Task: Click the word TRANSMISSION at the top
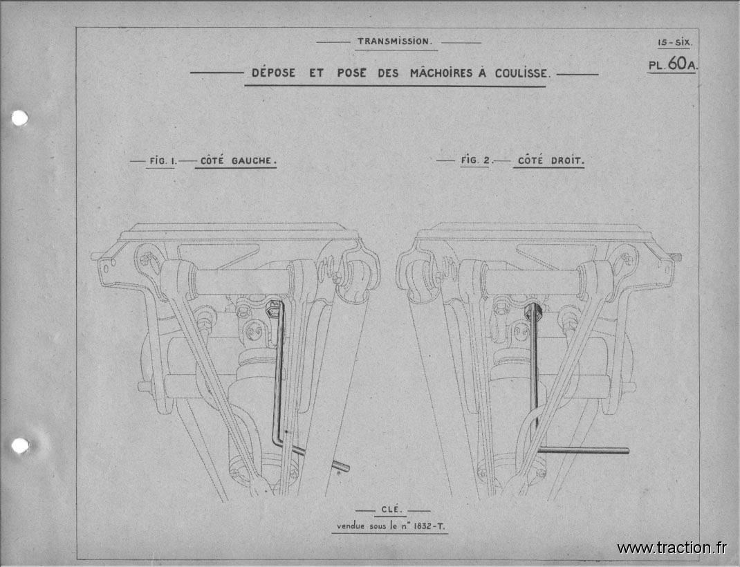(x=394, y=41)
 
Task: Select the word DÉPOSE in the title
(x=274, y=73)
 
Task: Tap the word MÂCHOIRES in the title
(x=441, y=73)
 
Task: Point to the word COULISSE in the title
(x=522, y=73)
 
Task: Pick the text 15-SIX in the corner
(x=675, y=42)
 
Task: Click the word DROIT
(x=567, y=160)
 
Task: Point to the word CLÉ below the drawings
(x=391, y=510)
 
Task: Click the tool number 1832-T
(x=429, y=526)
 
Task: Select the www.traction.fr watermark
(x=672, y=548)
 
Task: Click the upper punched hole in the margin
(x=19, y=118)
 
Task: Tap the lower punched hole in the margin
(x=19, y=445)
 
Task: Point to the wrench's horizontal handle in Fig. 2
(x=583, y=450)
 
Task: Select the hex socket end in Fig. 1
(x=272, y=310)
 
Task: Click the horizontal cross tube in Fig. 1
(x=241, y=282)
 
